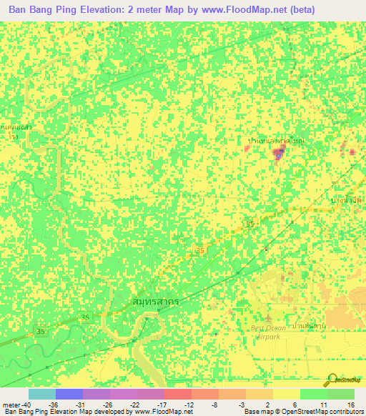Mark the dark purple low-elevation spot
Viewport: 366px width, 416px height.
(x=278, y=152)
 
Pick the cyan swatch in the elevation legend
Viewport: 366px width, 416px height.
(x=41, y=394)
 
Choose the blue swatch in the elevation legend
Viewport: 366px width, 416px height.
(x=69, y=394)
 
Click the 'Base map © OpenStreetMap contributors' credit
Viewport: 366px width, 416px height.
(x=302, y=412)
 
